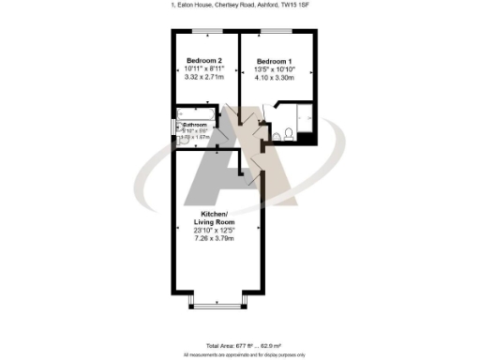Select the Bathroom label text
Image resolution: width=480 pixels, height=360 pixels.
[x=195, y=125]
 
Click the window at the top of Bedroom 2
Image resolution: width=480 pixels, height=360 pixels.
[x=204, y=31]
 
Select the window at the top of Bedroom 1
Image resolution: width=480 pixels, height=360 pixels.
[x=277, y=31]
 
